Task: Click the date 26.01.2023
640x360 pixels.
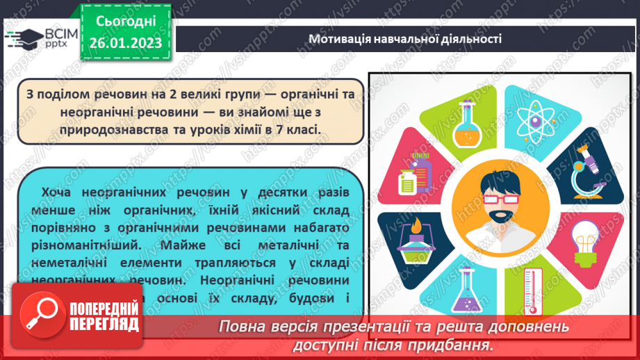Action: click(x=126, y=42)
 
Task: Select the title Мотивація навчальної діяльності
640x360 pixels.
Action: click(x=405, y=39)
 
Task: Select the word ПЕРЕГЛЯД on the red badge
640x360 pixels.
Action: click(x=104, y=325)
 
